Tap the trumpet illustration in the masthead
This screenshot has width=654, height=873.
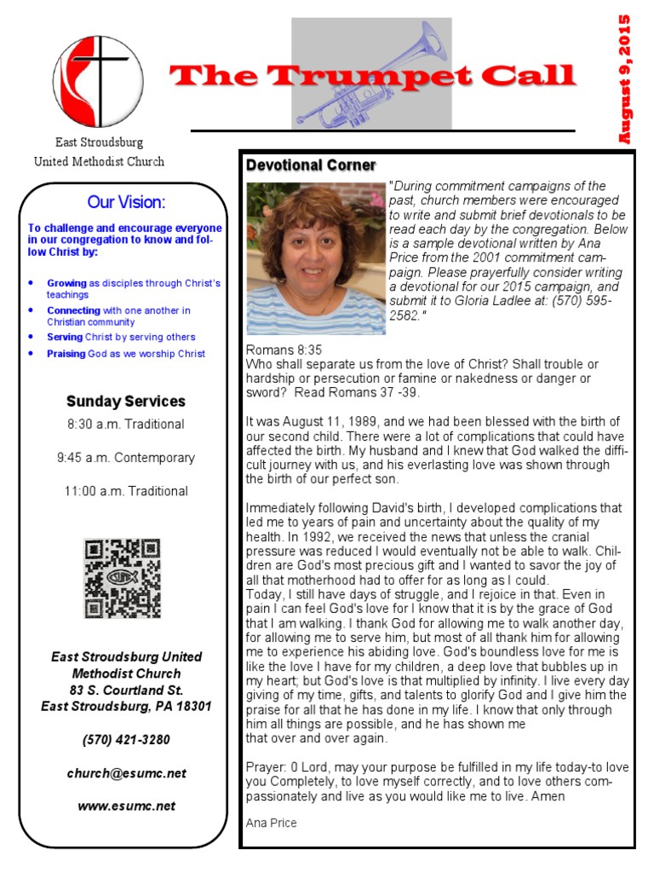(372, 75)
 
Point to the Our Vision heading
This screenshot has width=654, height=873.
(126, 202)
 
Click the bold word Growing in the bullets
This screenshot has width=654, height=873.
(66, 283)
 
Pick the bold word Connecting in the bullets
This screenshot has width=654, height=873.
(73, 310)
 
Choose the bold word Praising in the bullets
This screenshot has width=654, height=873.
(66, 354)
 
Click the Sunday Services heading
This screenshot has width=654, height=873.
(125, 402)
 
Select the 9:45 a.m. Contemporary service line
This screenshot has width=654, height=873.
(125, 458)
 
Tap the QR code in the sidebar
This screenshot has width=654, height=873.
(123, 578)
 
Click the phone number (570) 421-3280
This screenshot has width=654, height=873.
(126, 740)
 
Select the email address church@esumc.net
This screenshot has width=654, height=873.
(126, 773)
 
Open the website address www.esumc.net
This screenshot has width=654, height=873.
(126, 806)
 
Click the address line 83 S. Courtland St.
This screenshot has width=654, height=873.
(126, 690)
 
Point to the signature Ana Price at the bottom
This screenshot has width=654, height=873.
(271, 823)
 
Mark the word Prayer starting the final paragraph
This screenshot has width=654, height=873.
(266, 766)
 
